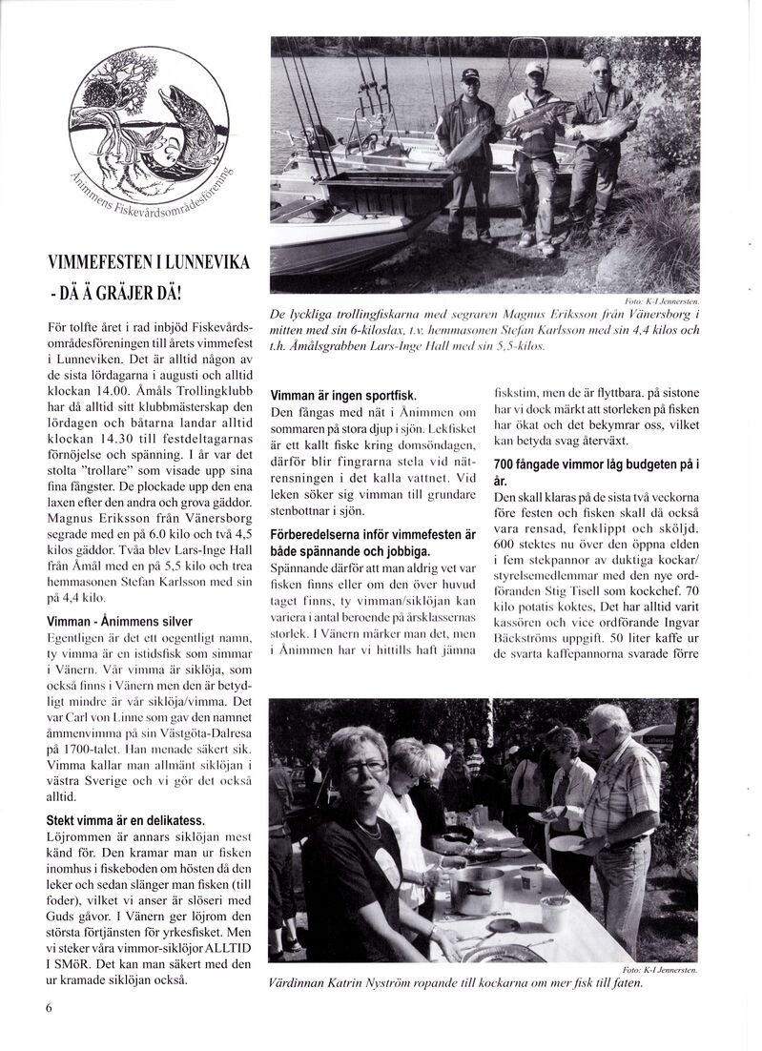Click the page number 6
pos(48,1008)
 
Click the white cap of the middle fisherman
pos(535,68)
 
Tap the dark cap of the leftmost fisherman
pos(470,73)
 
